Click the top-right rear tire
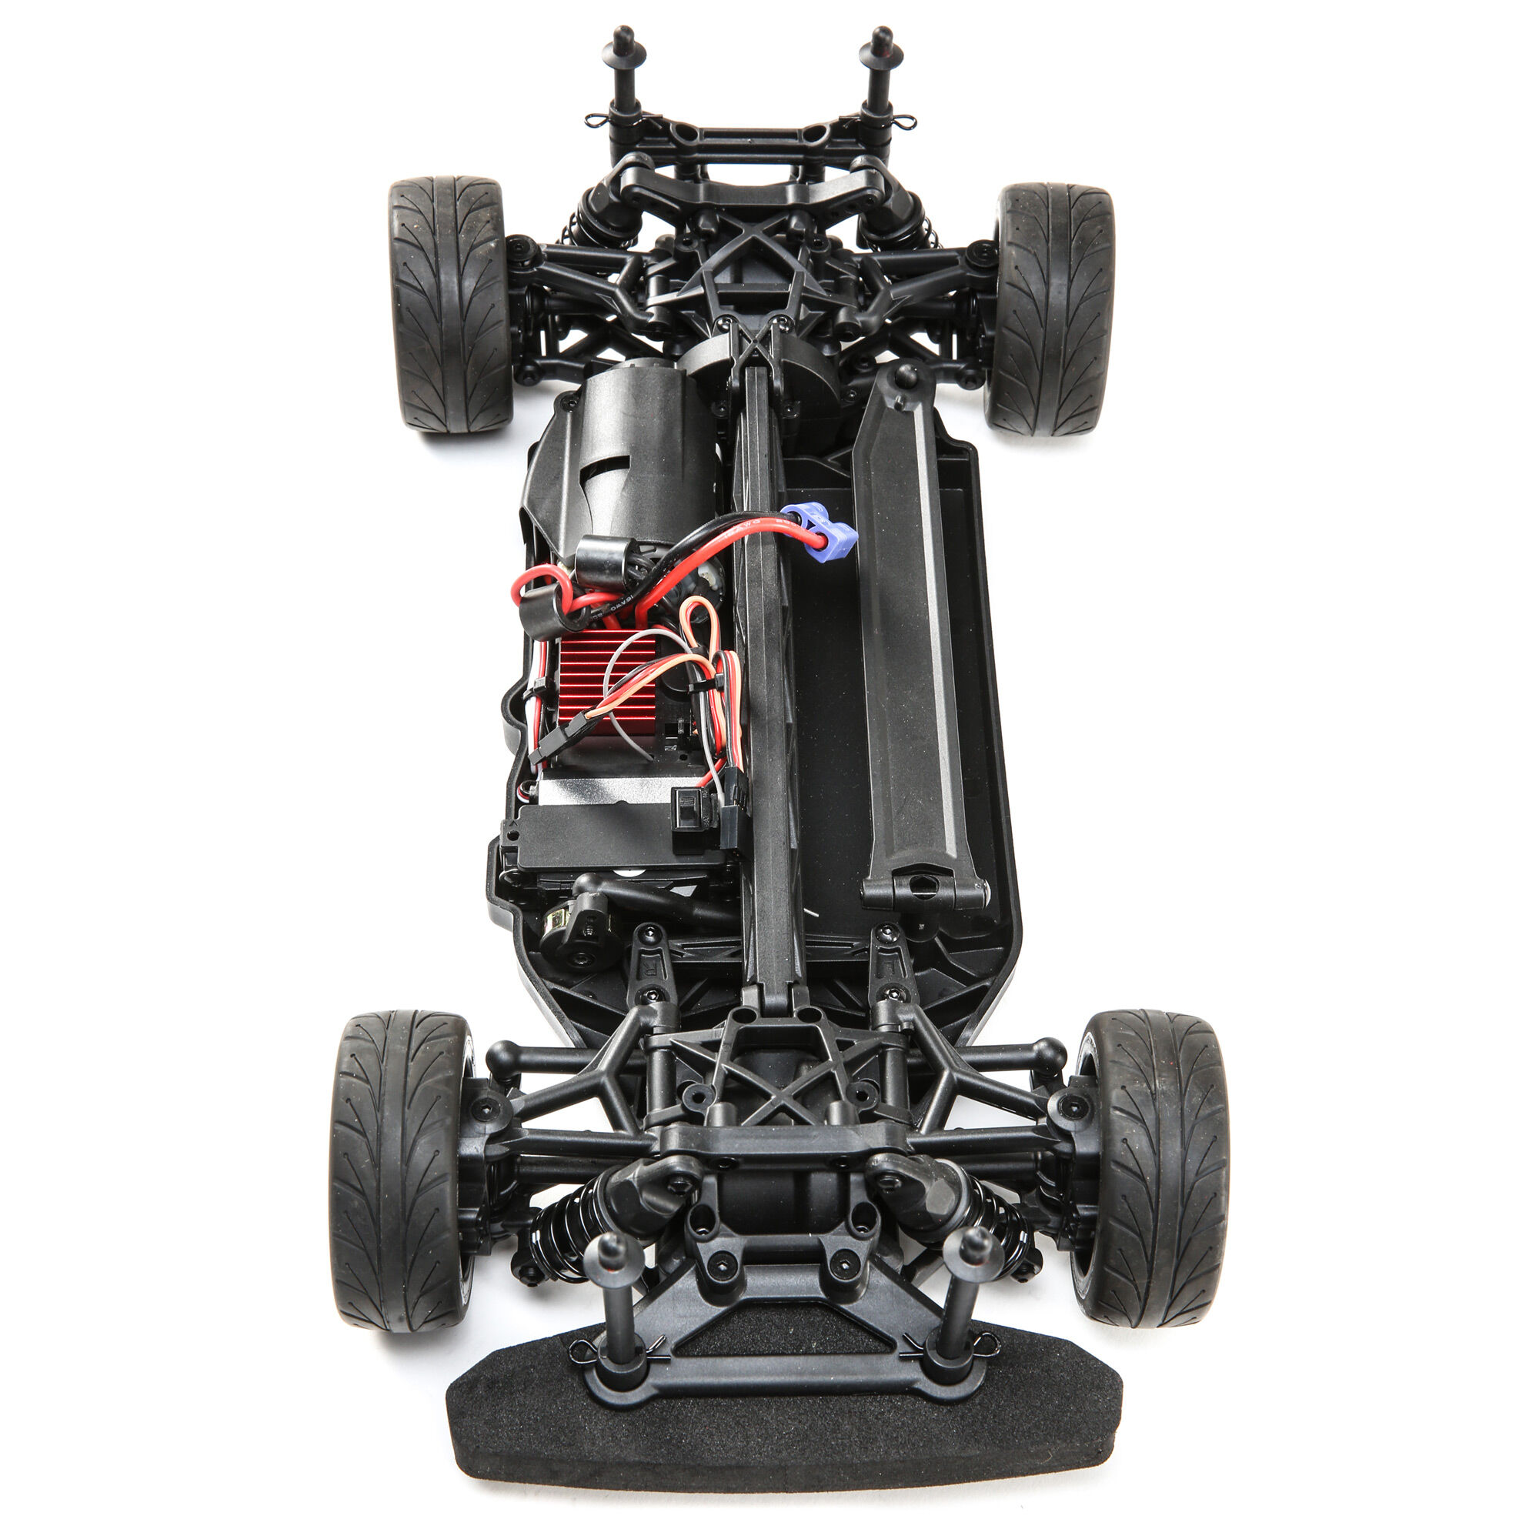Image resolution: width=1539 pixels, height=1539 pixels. pos(1050,309)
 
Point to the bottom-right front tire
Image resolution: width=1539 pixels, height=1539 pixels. pos(1150,1168)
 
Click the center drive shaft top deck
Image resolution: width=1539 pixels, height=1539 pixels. pos(766,677)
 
